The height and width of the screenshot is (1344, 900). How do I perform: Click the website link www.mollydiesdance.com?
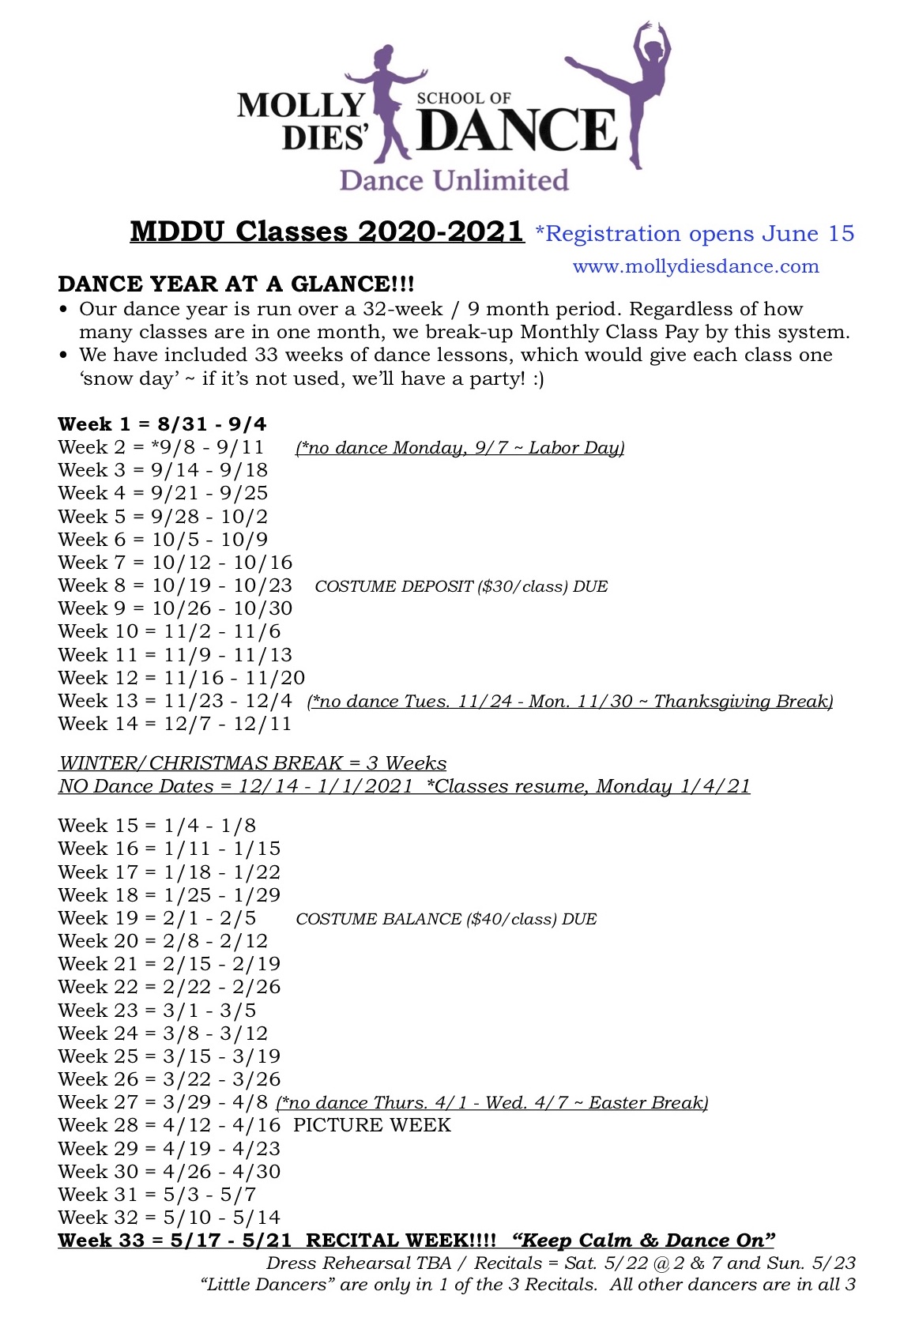(695, 266)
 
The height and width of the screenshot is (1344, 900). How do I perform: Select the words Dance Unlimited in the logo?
(454, 181)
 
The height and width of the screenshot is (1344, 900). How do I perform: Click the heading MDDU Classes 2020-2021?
(327, 232)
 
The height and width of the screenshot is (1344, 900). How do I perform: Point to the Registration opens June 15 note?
(695, 234)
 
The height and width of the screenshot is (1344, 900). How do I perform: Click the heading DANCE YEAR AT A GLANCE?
(235, 284)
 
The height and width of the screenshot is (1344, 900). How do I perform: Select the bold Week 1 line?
(162, 424)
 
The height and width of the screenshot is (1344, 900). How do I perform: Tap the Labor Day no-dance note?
(460, 448)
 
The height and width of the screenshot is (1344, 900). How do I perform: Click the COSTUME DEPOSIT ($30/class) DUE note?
(461, 586)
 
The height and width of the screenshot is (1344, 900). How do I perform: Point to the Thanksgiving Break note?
(570, 702)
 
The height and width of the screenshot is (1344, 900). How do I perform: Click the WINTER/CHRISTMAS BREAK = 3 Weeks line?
(252, 763)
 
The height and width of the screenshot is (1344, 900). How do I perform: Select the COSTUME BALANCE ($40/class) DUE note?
(446, 919)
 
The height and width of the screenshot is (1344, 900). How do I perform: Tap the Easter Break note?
(491, 1103)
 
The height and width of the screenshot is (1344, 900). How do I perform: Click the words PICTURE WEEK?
(371, 1125)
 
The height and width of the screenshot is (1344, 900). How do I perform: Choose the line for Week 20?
(163, 941)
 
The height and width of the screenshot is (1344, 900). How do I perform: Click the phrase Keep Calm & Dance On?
(643, 1240)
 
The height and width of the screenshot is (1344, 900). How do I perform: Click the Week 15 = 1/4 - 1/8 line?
(156, 826)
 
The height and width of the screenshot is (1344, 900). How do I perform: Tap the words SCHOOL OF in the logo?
(464, 99)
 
